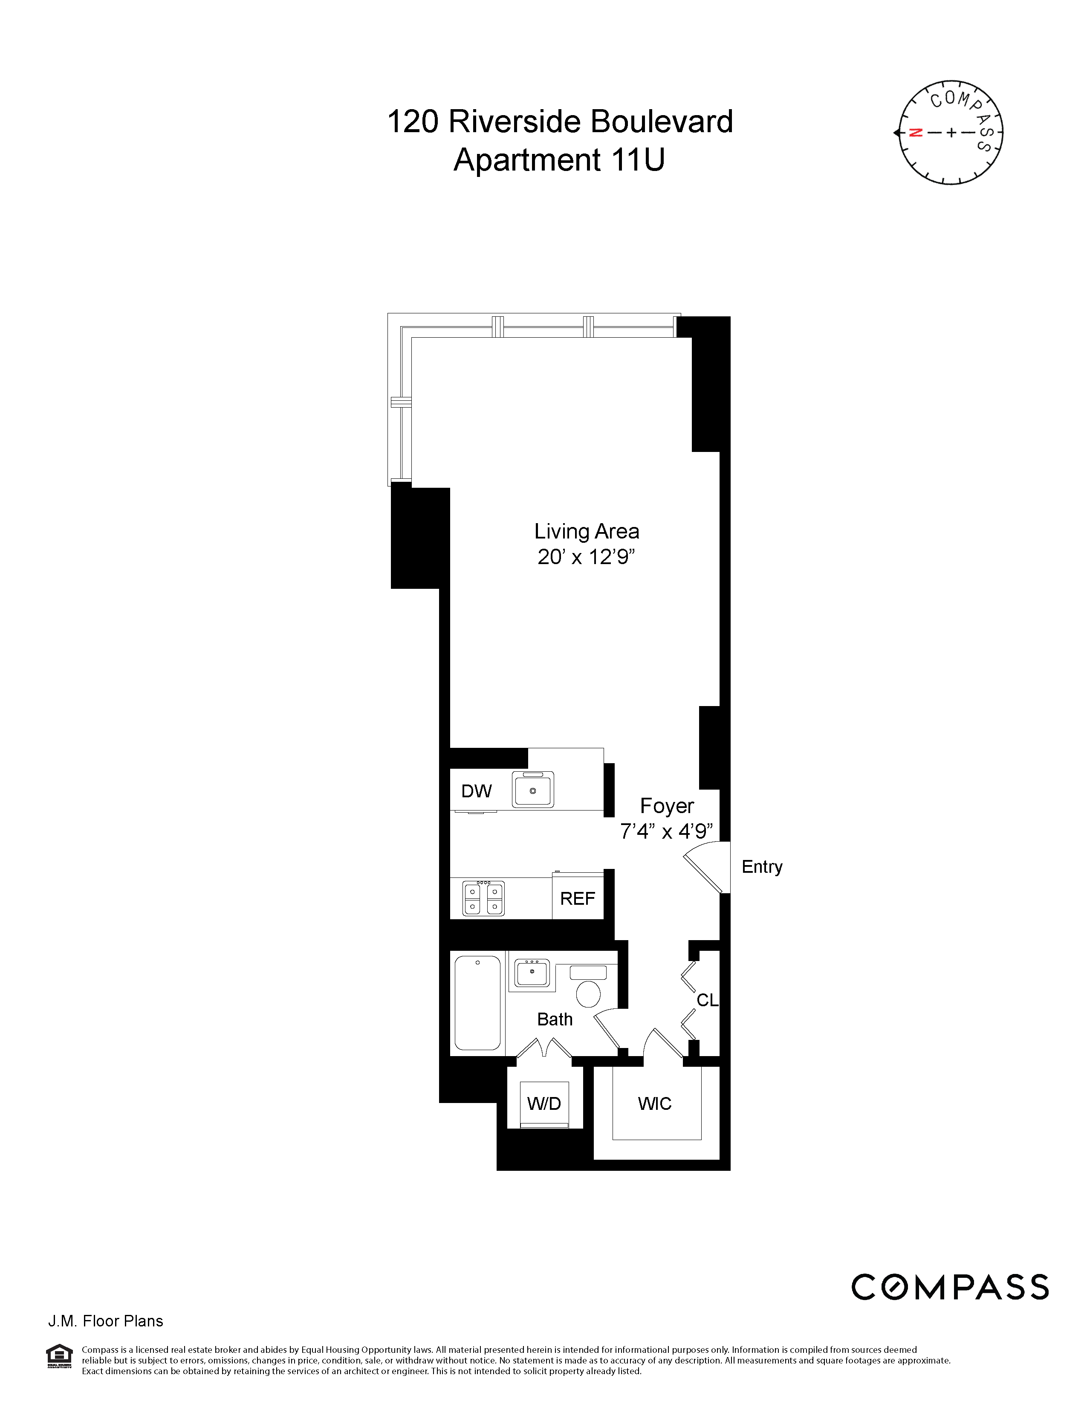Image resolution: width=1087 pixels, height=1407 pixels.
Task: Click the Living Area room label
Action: click(586, 532)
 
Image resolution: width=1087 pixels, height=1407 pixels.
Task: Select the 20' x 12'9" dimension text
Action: click(586, 556)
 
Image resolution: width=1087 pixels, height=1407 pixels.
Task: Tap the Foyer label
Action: click(667, 806)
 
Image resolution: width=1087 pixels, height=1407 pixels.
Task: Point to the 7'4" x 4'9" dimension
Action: click(667, 832)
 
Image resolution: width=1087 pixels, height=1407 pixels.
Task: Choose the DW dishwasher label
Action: click(477, 791)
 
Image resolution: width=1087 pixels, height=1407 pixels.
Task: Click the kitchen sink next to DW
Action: click(532, 790)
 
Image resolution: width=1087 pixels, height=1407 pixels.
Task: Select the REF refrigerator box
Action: click(578, 898)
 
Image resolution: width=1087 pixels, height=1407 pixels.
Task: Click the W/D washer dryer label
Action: click(544, 1103)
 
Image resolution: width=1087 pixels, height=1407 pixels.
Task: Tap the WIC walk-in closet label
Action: click(654, 1103)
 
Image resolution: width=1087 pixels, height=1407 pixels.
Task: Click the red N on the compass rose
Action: click(915, 133)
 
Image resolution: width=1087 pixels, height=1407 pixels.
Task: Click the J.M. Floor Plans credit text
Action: click(106, 1321)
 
